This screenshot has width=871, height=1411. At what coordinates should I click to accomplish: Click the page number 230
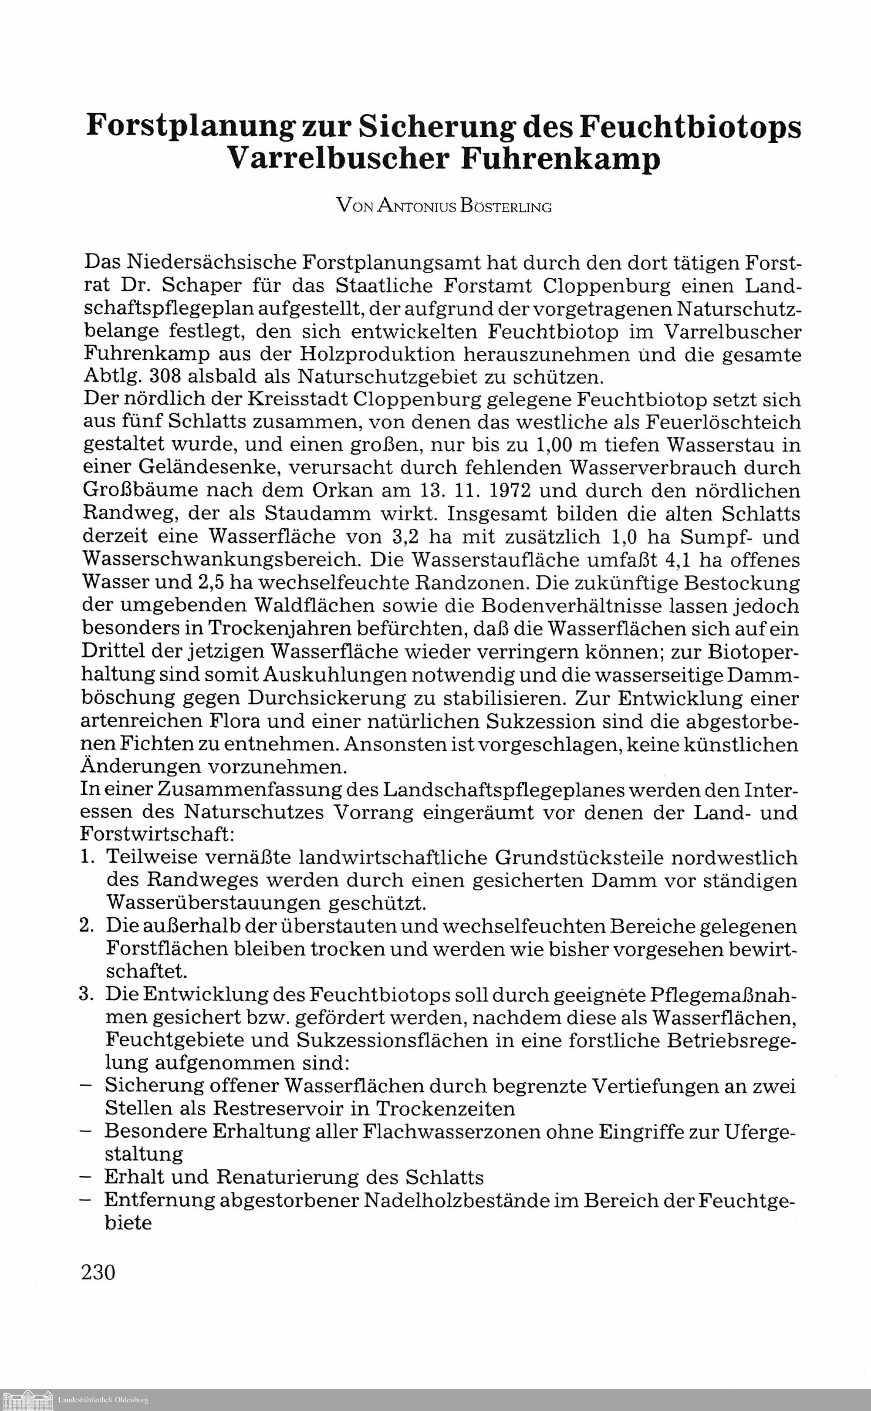point(98,1272)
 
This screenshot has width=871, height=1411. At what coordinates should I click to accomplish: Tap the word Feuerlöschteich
point(723,422)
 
